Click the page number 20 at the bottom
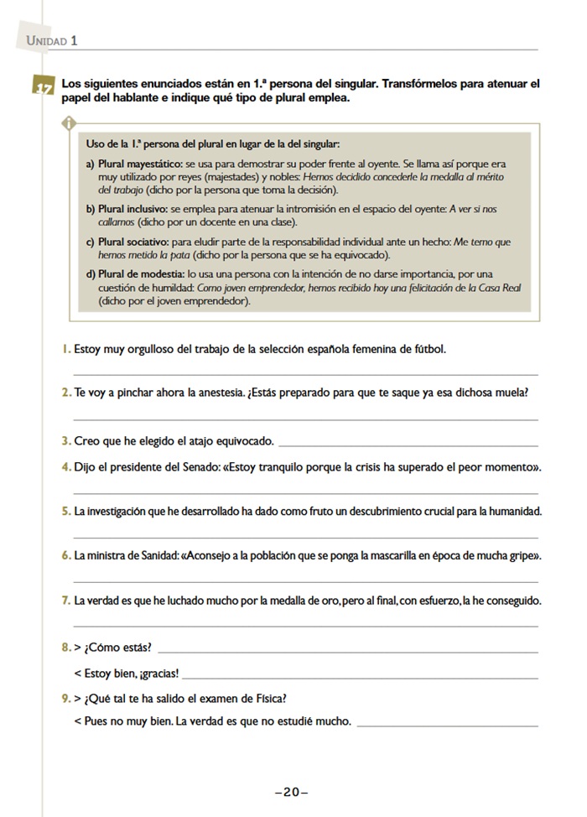[x=292, y=792]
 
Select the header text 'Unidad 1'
[x=52, y=40]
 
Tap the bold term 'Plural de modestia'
[x=140, y=274]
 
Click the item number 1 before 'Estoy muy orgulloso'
[x=65, y=348]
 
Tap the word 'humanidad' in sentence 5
[x=512, y=511]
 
